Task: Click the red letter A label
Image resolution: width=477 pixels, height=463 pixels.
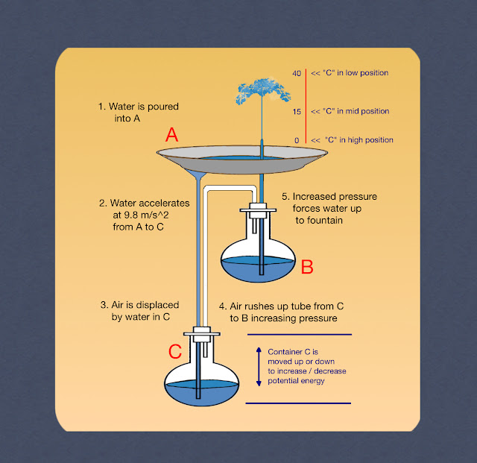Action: tap(172, 135)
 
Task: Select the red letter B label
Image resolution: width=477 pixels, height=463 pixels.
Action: tap(306, 267)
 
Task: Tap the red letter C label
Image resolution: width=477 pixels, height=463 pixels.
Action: tap(174, 350)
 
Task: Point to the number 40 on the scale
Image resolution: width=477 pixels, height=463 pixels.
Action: tap(297, 73)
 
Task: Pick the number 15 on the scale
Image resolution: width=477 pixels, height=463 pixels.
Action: tap(297, 111)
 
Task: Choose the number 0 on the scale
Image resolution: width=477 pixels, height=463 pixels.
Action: tap(296, 140)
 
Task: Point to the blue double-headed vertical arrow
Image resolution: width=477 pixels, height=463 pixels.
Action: tap(259, 366)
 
